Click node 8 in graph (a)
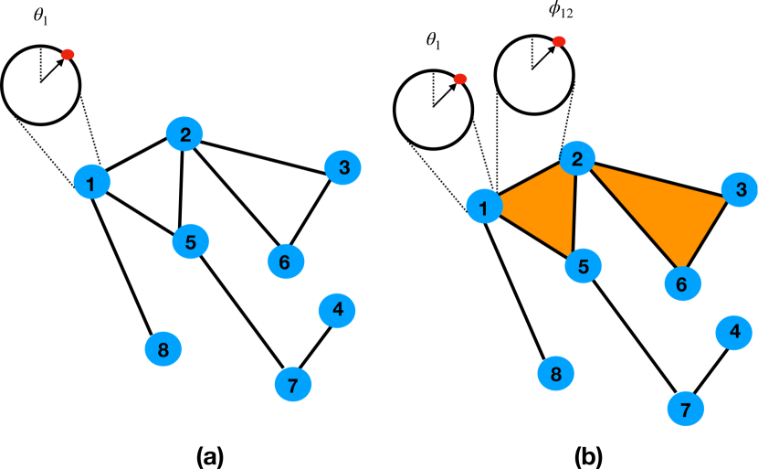pos(163,348)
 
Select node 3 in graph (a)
pos(344,167)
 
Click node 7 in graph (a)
pos(292,385)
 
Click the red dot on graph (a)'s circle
pos(68,55)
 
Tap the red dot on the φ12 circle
pos(559,41)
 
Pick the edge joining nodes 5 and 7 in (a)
pos(242,313)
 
